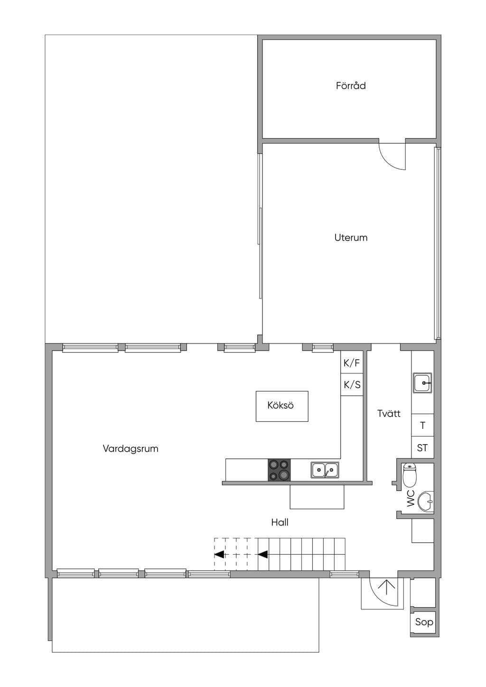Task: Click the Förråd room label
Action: [351, 85]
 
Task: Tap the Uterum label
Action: [351, 237]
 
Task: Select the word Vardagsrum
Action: [131, 449]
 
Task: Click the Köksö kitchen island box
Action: [282, 406]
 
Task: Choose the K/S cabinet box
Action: [352, 384]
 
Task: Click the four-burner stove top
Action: [279, 470]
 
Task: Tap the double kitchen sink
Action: [325, 470]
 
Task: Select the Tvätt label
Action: [389, 413]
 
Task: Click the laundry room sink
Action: [422, 383]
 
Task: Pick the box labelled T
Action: [422, 426]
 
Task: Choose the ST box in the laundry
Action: [422, 448]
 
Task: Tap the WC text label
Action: [411, 498]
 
